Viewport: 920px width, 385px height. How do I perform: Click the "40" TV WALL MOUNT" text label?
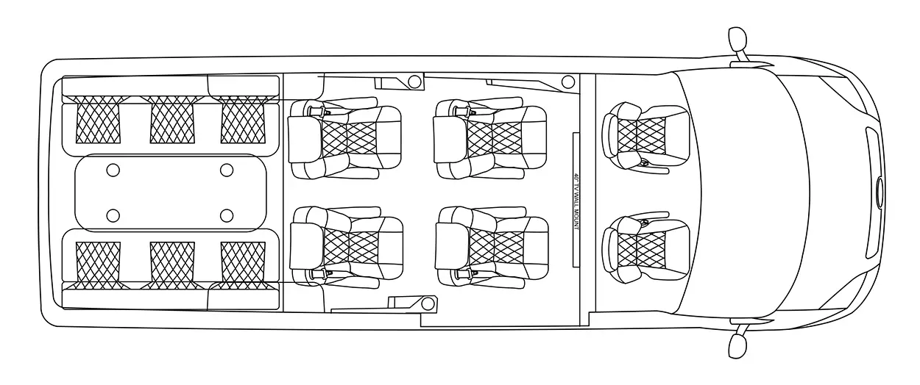tap(576, 201)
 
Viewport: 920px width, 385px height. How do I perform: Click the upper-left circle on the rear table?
tap(113, 170)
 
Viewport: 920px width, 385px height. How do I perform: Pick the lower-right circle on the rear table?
tap(227, 215)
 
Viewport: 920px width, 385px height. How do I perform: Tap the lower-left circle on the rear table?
tap(113, 215)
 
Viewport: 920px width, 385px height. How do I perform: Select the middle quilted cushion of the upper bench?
tap(172, 120)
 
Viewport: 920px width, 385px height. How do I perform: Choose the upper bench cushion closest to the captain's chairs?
tap(243, 120)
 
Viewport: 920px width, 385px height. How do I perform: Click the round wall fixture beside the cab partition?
tap(568, 82)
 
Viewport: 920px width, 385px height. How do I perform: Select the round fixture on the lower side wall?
tap(428, 304)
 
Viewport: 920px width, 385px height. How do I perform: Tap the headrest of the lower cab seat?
tap(610, 250)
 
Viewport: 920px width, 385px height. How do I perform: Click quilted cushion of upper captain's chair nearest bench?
tap(350, 139)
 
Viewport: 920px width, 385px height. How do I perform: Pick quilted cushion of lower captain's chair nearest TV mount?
tap(496, 248)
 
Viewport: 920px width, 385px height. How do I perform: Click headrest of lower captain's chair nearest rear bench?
tap(307, 246)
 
